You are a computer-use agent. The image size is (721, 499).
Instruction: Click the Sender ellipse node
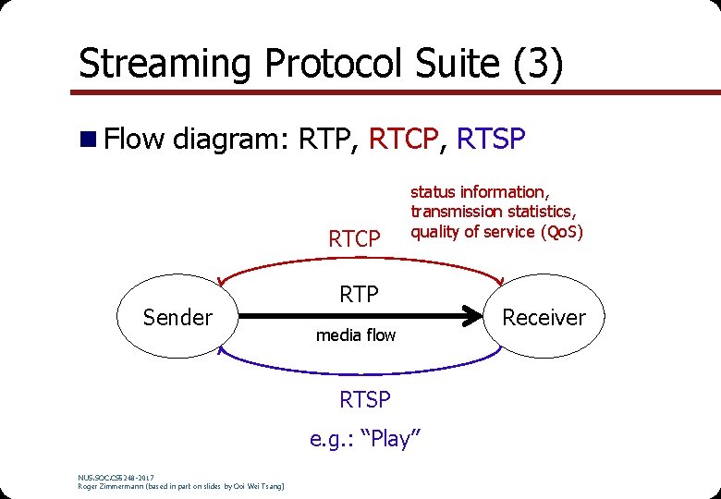(177, 317)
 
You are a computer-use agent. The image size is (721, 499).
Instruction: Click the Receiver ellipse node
(544, 317)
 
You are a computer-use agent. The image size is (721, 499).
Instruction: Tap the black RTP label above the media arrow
(359, 295)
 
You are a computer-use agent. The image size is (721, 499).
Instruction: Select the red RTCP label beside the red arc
(354, 239)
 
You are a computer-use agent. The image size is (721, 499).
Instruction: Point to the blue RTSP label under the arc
(365, 400)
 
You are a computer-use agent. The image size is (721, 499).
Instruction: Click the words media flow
(356, 335)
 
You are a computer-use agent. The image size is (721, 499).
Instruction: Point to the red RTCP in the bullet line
(402, 140)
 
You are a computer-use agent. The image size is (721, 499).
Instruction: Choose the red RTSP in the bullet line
(492, 140)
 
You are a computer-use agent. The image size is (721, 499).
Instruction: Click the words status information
(479, 192)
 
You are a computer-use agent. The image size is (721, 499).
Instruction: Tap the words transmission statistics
(494, 212)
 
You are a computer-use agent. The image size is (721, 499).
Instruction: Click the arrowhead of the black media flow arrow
(489, 317)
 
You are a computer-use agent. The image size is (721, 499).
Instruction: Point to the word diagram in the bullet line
(232, 140)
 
